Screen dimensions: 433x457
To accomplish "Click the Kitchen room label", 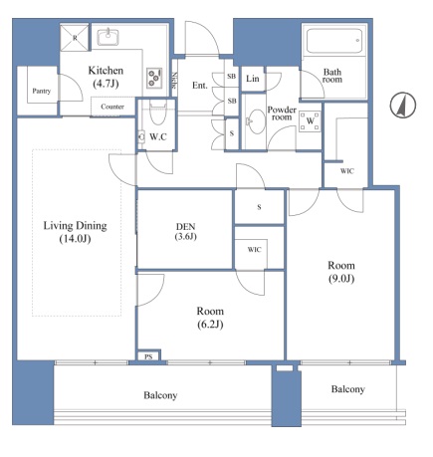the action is (x=106, y=77).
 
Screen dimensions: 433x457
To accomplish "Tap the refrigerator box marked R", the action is (x=75, y=37).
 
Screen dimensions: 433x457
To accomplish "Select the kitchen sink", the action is (x=108, y=37).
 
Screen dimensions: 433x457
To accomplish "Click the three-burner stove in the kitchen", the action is (x=154, y=78).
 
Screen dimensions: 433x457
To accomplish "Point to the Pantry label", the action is (x=42, y=91).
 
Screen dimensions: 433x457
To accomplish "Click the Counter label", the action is (x=112, y=107).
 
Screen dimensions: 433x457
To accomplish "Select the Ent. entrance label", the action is (x=200, y=86).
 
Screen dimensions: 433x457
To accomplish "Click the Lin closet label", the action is (x=253, y=79).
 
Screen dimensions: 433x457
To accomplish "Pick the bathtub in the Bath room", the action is (x=334, y=41).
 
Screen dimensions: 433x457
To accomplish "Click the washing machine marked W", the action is (x=310, y=121).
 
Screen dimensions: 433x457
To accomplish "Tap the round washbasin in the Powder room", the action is (x=257, y=121).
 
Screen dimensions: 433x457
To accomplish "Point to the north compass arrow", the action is (x=403, y=105).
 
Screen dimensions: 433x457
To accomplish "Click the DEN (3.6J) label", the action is (x=186, y=231).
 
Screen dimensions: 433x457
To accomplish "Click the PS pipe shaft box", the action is (x=148, y=356).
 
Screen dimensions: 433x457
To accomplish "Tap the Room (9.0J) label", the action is (x=341, y=272).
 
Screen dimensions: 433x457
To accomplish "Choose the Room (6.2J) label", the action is (x=210, y=318).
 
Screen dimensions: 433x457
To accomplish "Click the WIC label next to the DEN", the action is (x=254, y=250).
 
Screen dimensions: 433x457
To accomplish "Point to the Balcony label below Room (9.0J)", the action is (x=348, y=389).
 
